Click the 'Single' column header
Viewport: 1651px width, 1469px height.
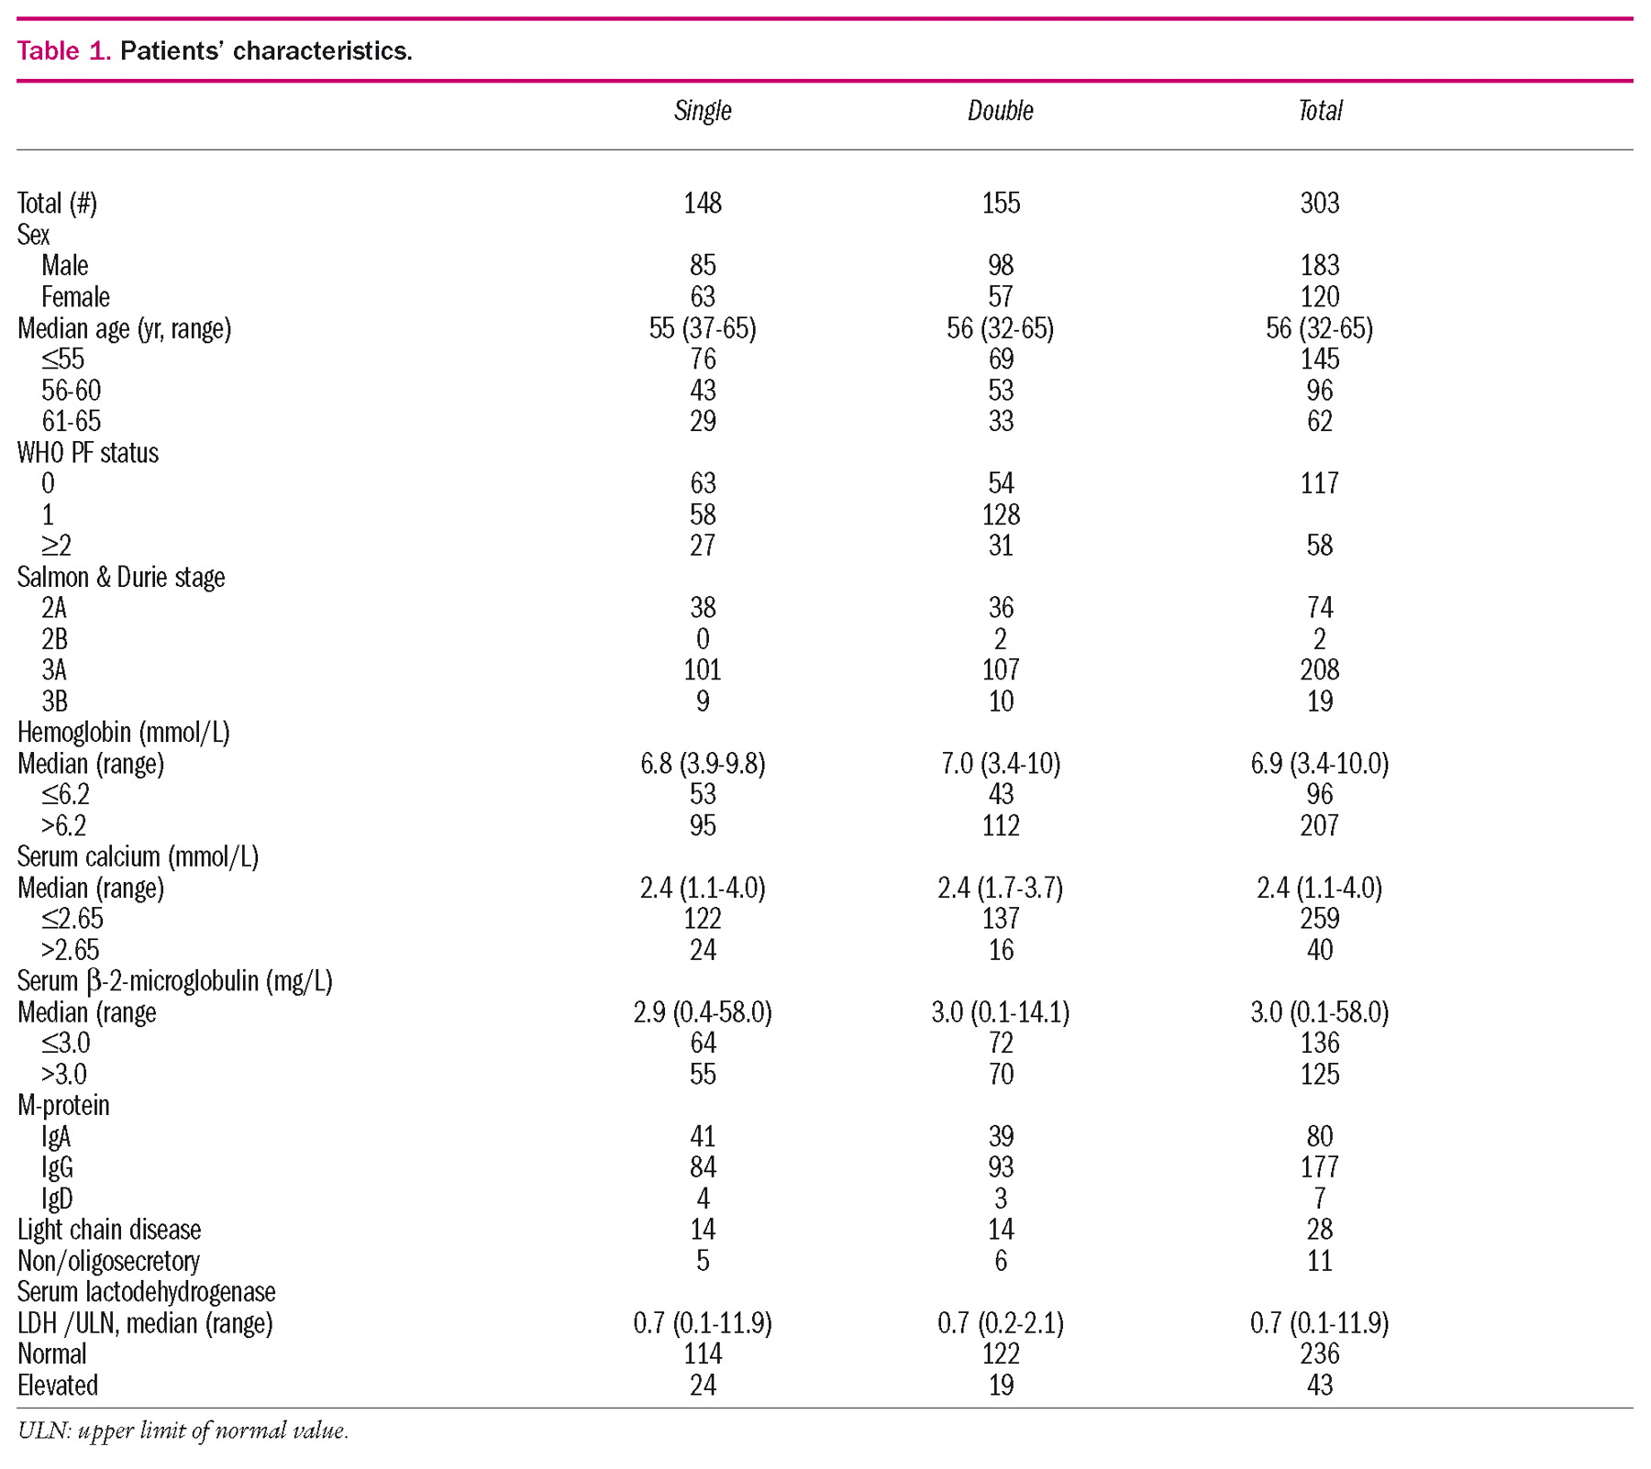click(x=703, y=111)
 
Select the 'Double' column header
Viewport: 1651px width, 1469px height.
click(x=1000, y=111)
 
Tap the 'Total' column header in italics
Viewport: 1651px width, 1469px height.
click(x=1319, y=111)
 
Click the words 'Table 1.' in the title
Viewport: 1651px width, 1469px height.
click(x=63, y=50)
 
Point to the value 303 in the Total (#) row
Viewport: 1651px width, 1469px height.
click(x=1319, y=203)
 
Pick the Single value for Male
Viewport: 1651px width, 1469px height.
click(x=703, y=265)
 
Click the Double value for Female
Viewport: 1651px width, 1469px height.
click(x=1000, y=296)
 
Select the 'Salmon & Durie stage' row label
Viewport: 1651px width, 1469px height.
click(x=121, y=577)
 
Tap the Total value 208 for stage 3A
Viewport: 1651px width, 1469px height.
click(x=1319, y=669)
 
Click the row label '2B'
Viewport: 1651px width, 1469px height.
click(x=54, y=639)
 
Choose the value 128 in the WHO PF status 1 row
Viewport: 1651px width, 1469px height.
click(x=1000, y=514)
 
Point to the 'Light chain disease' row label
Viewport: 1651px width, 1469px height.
click(x=109, y=1229)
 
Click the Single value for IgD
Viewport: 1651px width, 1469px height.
click(x=703, y=1198)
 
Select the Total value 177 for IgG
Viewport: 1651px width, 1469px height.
click(x=1319, y=1166)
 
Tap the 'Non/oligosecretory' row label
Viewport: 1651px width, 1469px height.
click(x=108, y=1260)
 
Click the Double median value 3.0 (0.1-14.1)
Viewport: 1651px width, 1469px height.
click(x=1000, y=1011)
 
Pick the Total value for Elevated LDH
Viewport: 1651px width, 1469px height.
click(x=1319, y=1385)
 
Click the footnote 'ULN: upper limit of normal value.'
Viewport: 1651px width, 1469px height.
click(x=183, y=1430)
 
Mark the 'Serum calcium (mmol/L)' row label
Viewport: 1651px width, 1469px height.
click(x=138, y=856)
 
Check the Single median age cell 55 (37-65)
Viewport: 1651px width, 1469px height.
click(x=703, y=327)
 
